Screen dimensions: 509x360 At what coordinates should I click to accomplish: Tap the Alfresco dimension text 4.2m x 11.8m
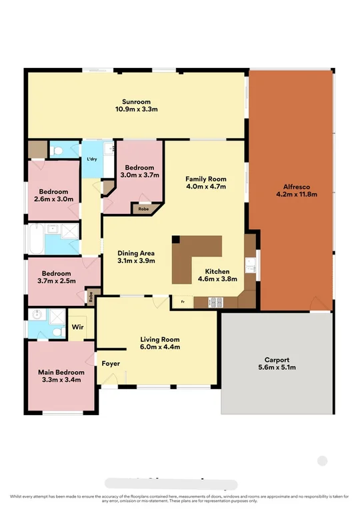tap(296, 195)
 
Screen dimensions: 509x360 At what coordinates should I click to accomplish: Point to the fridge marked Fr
tap(182, 302)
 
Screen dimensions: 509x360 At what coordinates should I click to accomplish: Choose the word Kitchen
tap(217, 272)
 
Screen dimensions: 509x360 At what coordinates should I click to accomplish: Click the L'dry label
tap(91, 159)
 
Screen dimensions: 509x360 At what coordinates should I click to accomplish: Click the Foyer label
tap(110, 364)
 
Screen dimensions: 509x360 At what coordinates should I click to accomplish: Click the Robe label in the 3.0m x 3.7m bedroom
tap(143, 209)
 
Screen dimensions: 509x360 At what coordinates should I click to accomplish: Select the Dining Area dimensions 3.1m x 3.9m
tap(136, 261)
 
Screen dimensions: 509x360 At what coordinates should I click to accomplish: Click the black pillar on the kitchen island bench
tap(176, 239)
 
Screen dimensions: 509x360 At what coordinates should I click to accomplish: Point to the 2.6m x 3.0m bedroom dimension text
tap(53, 199)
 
